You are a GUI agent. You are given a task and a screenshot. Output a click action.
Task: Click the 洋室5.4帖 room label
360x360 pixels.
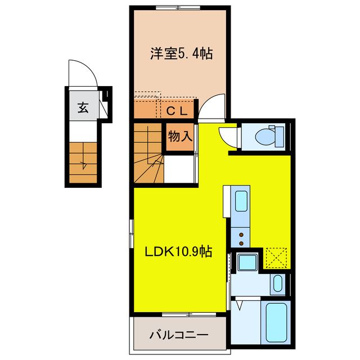(x=181, y=55)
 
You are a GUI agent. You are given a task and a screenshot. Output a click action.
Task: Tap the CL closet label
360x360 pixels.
(x=178, y=111)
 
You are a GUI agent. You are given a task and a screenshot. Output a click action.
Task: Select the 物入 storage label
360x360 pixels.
(x=181, y=136)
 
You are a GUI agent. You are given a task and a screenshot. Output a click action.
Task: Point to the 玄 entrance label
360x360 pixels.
(x=83, y=107)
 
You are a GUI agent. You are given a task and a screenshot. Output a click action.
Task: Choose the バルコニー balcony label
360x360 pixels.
(x=179, y=335)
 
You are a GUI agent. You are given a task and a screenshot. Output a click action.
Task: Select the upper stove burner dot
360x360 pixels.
(x=241, y=234)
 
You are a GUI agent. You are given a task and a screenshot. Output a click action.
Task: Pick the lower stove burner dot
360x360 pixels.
(x=241, y=243)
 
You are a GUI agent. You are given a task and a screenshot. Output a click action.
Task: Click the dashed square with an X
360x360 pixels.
(x=277, y=258)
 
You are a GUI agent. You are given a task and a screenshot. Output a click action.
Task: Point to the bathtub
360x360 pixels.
(x=275, y=325)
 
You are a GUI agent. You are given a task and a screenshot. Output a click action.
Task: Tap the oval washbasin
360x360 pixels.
(x=277, y=284)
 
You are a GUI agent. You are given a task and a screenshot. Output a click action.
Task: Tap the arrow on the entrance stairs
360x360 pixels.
(x=84, y=164)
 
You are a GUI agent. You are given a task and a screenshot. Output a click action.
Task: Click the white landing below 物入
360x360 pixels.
(x=180, y=169)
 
